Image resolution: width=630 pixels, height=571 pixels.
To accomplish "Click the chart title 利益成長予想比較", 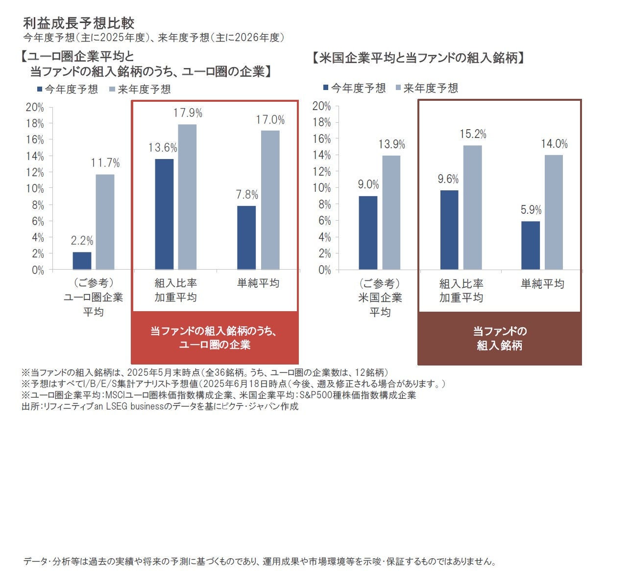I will click(78, 23).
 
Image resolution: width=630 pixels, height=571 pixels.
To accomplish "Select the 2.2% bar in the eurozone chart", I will click(82, 261).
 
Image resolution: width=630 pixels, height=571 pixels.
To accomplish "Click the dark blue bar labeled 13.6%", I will click(164, 214).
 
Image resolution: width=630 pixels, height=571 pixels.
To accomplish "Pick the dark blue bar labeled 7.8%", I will click(246, 238).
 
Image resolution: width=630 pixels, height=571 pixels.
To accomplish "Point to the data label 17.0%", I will click(270, 120).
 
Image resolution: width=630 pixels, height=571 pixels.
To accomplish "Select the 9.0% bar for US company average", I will click(368, 233).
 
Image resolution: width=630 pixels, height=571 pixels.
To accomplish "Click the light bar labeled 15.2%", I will click(473, 207).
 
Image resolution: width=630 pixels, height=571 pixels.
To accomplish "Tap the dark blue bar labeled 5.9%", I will click(531, 245).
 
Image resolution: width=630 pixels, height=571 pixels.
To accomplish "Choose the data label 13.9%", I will click(391, 144).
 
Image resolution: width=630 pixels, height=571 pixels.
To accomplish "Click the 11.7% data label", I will click(105, 163).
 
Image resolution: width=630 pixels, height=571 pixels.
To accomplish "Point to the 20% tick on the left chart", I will click(35, 107).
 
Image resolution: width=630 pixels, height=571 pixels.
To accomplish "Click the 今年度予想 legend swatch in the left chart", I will click(40, 90).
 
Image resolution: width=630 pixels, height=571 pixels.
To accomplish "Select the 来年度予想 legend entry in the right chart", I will click(426, 88).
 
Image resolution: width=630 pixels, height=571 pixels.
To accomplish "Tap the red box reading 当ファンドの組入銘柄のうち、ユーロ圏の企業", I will click(215, 338).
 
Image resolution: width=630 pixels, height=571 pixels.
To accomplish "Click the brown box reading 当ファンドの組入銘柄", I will click(499, 338).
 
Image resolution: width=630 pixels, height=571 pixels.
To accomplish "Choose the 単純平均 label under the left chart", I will click(258, 283).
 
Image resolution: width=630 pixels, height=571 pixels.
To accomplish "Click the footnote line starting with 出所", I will click(160, 406).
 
